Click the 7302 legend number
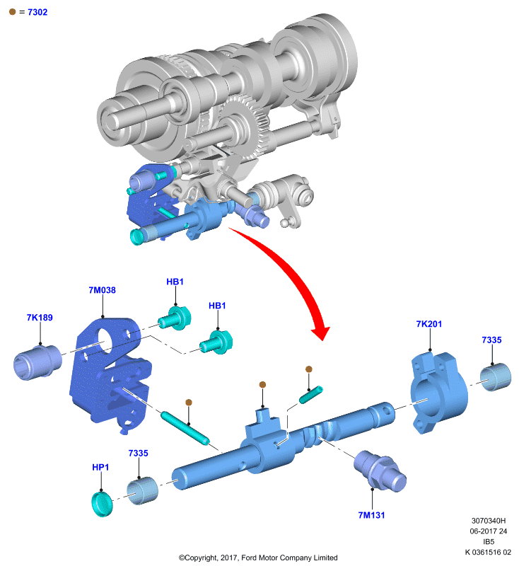(37, 12)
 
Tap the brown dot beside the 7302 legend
(12, 12)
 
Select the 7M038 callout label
(102, 290)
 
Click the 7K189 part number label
(40, 318)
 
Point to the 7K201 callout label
(428, 324)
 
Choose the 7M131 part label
(371, 515)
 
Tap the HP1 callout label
(100, 468)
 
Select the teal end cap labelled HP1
(102, 504)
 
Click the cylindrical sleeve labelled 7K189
(37, 362)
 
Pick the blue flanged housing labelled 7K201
(438, 393)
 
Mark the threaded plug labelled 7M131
(380, 470)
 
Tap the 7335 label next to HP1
(138, 454)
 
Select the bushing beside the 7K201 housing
(496, 377)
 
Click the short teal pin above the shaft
(310, 395)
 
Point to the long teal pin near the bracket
(185, 429)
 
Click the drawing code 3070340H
(489, 521)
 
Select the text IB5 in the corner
(489, 542)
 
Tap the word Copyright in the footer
(201, 558)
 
